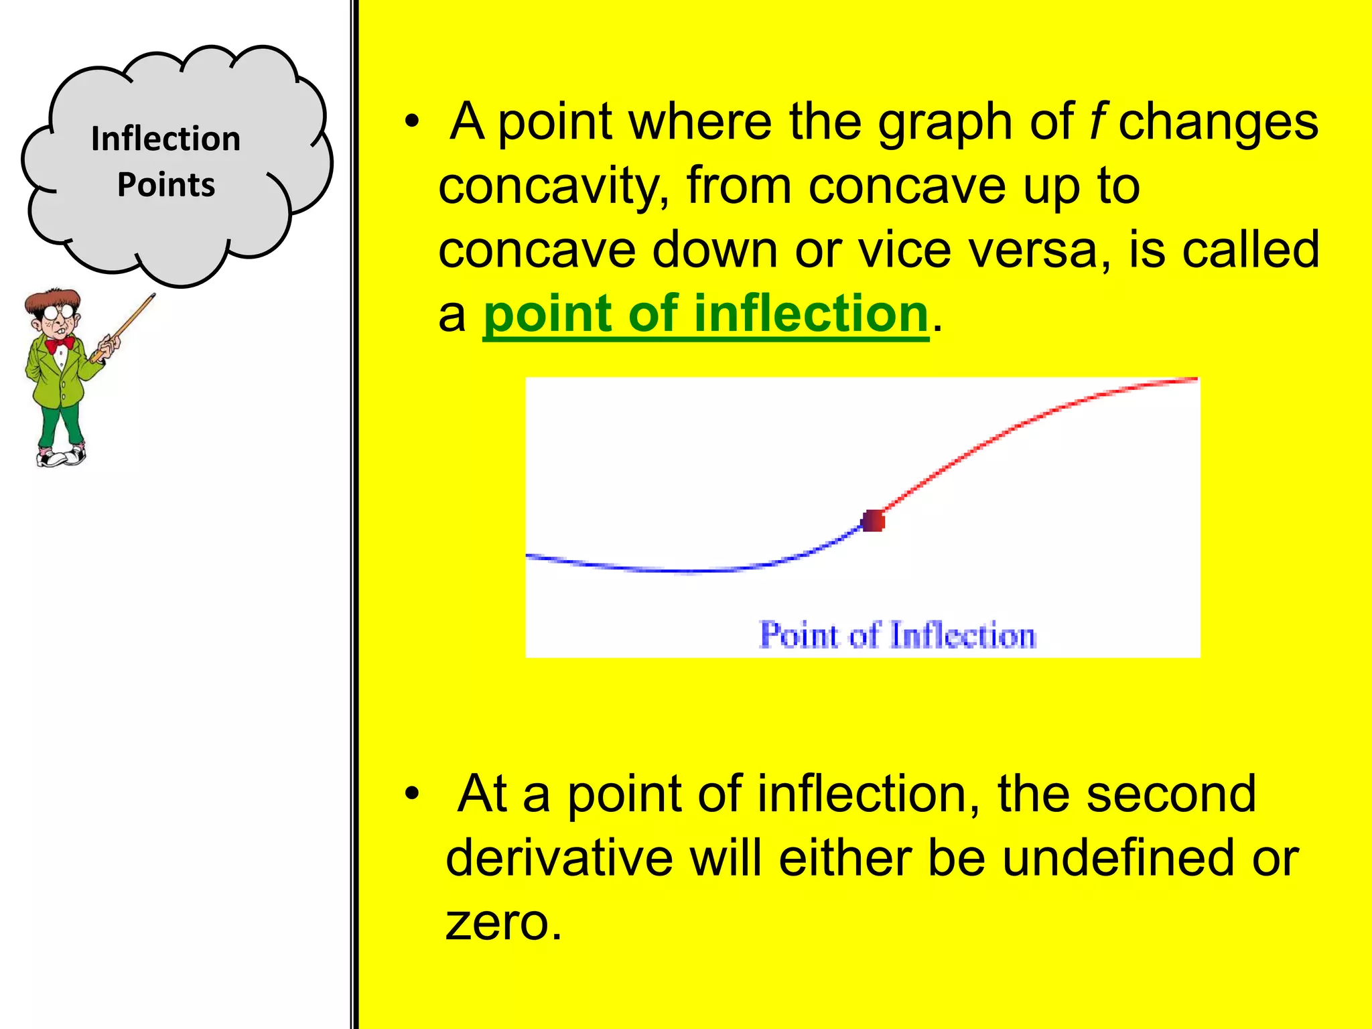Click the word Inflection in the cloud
tap(165, 139)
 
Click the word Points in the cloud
tap(165, 185)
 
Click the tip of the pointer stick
tap(153, 295)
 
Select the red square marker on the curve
tap(873, 521)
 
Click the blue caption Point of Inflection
tap(897, 635)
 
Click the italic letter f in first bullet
tap(1096, 122)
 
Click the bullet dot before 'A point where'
tap(411, 123)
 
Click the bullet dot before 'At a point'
tap(411, 795)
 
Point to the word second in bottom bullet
tap(1170, 794)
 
